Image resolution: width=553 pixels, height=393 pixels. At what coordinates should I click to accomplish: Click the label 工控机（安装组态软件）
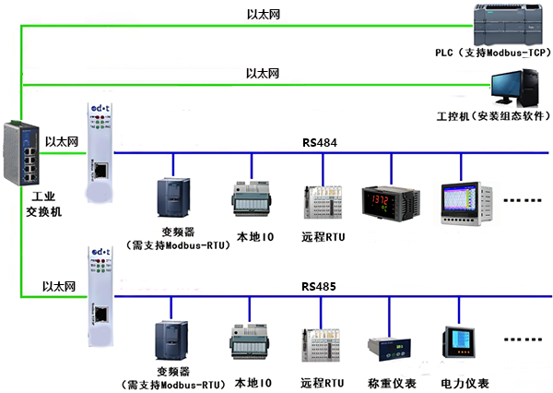(488, 118)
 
